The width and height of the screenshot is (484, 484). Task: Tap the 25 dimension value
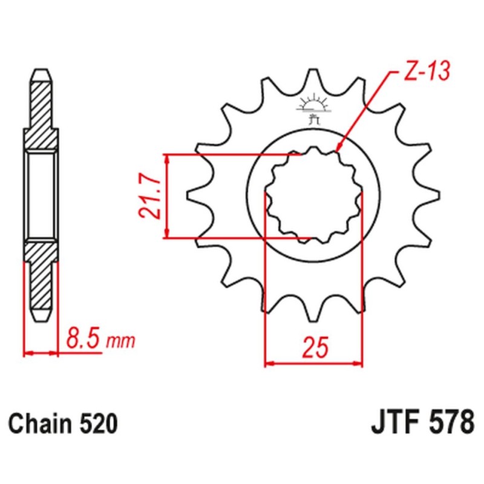tap(314, 348)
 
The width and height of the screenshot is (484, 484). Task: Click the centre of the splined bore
tap(314, 196)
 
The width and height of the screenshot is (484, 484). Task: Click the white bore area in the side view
tap(41, 195)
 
